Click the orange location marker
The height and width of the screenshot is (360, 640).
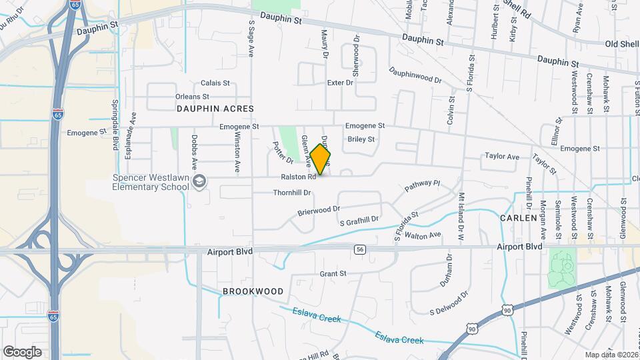pos(321,159)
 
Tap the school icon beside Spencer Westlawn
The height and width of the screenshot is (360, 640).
pos(199,181)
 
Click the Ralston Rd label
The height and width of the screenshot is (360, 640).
pos(298,177)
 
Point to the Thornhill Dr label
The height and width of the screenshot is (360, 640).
pos(292,193)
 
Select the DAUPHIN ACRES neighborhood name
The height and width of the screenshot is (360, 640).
pos(207,107)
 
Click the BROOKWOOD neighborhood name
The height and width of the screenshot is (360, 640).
pos(253,291)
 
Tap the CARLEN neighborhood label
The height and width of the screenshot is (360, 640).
pos(519,218)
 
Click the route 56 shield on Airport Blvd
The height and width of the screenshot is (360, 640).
pos(361,249)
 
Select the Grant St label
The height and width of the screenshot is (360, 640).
pos(333,273)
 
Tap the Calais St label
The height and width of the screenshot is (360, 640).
pos(215,83)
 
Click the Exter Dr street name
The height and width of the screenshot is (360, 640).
pos(339,83)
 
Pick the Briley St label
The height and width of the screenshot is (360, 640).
pos(361,139)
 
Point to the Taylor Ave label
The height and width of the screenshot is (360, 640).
pos(502,157)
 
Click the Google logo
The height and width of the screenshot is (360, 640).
pos(23,351)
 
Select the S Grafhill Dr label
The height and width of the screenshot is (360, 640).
pos(359,220)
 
